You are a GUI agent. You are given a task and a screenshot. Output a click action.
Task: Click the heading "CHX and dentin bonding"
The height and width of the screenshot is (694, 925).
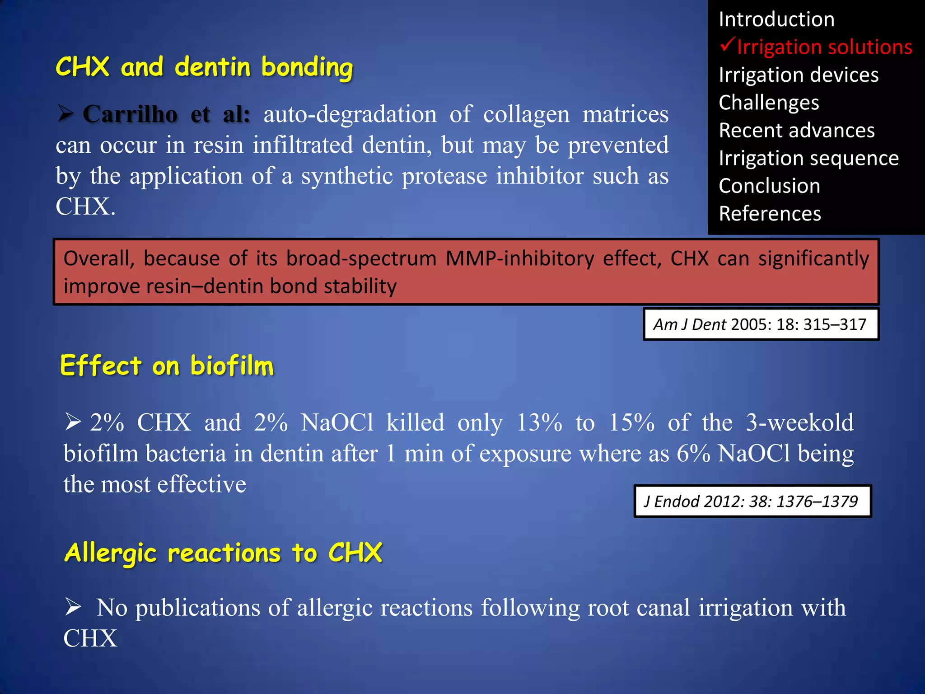pos(204,67)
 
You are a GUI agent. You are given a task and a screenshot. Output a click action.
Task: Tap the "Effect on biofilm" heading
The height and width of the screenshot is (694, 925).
pos(167,366)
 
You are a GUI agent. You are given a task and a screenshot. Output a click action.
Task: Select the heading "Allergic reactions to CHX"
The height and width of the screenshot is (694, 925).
pos(223,553)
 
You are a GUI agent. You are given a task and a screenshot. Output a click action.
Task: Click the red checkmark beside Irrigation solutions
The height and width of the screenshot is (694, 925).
pos(727,45)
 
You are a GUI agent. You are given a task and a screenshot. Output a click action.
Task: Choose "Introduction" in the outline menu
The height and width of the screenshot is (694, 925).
pos(776,19)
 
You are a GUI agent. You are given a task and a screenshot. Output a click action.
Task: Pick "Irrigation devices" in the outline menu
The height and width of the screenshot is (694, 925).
pos(799,75)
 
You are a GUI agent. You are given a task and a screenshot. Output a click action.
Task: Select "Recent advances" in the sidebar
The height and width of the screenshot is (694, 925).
pos(797,131)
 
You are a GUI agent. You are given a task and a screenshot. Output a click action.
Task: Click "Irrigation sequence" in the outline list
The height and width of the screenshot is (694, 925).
pos(808,158)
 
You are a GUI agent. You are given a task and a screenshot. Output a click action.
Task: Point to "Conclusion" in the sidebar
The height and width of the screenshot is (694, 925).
pos(769,186)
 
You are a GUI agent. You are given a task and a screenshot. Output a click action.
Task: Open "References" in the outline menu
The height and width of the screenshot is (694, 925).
pos(770,214)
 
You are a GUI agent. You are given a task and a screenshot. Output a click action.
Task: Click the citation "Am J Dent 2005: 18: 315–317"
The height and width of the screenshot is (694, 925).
pos(760,324)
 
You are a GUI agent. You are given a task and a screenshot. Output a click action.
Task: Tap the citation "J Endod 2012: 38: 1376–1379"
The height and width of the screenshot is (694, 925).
pos(752,502)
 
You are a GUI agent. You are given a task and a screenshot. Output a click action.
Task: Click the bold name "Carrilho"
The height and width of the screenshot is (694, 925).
pos(130,114)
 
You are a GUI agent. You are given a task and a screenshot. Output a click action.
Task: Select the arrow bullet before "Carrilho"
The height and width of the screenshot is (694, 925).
pos(66,113)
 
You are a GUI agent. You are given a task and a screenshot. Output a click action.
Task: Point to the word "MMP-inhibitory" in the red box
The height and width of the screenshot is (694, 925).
pos(519,259)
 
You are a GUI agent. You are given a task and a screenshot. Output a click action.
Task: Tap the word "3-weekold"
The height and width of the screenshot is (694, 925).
pos(799,423)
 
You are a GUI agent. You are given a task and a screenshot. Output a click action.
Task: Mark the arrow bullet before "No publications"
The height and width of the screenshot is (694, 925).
pos(73,606)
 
